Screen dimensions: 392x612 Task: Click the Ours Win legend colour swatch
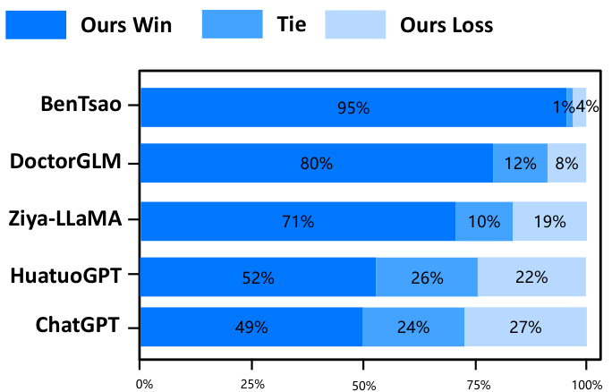[x=36, y=24]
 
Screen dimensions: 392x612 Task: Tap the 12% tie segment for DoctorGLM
[x=520, y=163]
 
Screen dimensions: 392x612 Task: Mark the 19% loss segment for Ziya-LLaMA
[x=549, y=220]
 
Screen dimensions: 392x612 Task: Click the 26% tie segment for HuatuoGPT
[x=427, y=277]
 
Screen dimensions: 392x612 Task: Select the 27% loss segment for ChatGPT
[x=525, y=327]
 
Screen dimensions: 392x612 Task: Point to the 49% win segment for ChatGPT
[x=251, y=327]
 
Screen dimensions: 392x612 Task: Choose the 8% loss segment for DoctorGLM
[x=566, y=163]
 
